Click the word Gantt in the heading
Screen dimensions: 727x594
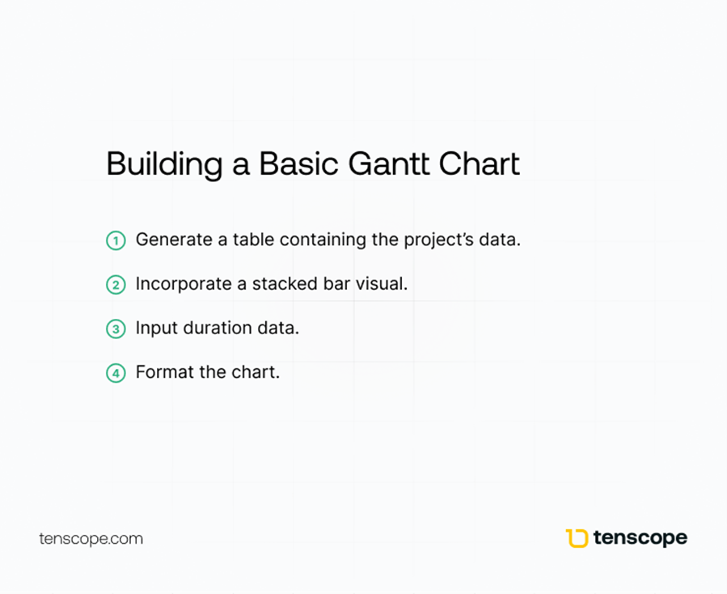click(389, 163)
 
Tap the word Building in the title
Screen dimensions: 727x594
click(165, 165)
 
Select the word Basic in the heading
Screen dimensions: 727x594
click(298, 163)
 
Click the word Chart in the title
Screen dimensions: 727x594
click(480, 163)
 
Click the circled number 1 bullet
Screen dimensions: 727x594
click(116, 241)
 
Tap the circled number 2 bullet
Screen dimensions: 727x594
click(116, 285)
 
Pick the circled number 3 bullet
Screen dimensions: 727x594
click(116, 329)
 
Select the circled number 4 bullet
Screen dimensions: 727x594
click(116, 373)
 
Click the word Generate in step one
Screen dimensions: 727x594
click(174, 240)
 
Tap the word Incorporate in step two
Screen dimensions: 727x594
click(184, 284)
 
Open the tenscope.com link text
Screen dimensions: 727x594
click(91, 539)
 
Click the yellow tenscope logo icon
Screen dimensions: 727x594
click(577, 538)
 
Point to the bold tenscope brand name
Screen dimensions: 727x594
click(640, 538)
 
